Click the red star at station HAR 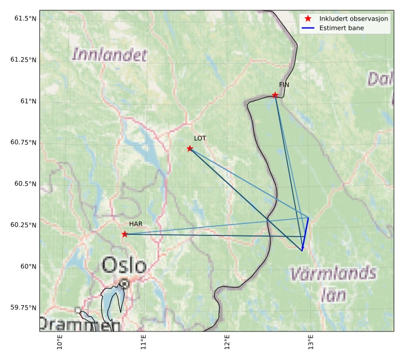point(125,234)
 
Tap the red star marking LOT point(190,149)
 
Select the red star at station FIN point(275,95)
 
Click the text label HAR point(135,224)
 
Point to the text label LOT point(200,138)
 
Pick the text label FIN point(284,85)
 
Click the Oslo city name point(124,265)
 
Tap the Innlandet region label point(110,55)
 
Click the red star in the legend point(308,19)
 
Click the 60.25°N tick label point(23,225)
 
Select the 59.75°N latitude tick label point(23,307)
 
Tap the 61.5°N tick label point(25,19)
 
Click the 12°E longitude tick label point(227,343)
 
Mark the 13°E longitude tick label point(310,343)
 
